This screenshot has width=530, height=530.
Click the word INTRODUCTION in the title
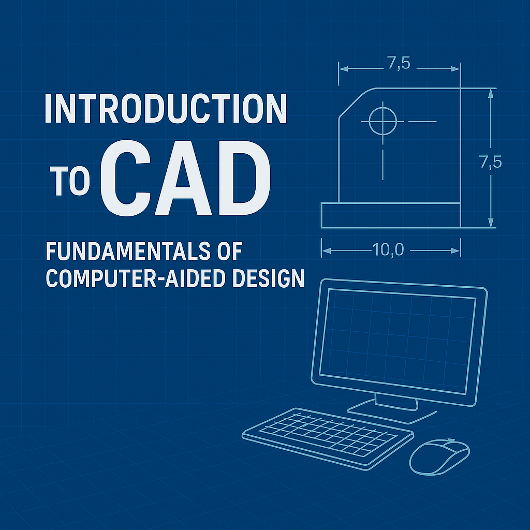coord(166,108)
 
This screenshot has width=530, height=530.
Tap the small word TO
coord(70,181)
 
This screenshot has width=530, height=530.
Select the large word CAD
coord(186,178)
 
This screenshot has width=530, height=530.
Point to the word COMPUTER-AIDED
coord(136,278)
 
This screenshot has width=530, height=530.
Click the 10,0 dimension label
coord(388,250)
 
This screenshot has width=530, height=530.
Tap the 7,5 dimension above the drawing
coord(399,63)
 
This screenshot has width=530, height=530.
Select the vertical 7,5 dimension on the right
coord(491,162)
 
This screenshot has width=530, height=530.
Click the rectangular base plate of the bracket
coord(390,215)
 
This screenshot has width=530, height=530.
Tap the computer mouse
coord(439,457)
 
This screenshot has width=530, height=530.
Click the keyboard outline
coord(328,438)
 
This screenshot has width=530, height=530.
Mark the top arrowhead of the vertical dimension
coord(491,93)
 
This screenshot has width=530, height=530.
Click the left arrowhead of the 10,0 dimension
coord(326,251)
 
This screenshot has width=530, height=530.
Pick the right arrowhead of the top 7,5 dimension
coord(455,69)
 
